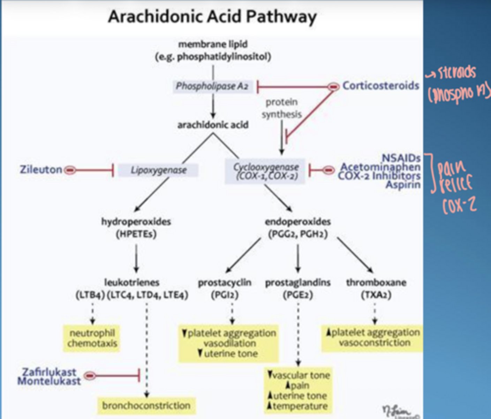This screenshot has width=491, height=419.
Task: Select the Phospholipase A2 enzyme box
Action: (x=212, y=86)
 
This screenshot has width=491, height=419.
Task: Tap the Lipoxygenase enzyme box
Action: (x=159, y=170)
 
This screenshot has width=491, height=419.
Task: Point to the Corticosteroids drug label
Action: (x=380, y=86)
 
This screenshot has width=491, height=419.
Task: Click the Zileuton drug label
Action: (x=41, y=170)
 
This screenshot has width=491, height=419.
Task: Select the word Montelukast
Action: (x=49, y=381)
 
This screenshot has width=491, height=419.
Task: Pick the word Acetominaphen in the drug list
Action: (x=380, y=167)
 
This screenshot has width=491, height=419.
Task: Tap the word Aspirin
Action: (x=403, y=185)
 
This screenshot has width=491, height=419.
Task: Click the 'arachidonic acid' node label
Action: (x=213, y=125)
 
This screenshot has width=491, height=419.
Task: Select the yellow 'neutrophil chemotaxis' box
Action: (x=92, y=338)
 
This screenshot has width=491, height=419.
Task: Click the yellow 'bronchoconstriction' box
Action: (x=146, y=406)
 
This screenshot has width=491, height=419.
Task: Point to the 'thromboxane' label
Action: (x=376, y=282)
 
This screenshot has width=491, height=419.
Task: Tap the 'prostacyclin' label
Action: (x=225, y=282)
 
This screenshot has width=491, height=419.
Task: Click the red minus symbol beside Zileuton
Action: (x=70, y=170)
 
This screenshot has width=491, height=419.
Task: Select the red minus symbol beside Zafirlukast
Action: (x=90, y=376)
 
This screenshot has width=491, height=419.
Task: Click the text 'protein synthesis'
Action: (x=281, y=108)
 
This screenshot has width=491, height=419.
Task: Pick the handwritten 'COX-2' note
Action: (x=459, y=205)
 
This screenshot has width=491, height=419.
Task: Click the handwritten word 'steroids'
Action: (x=457, y=72)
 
